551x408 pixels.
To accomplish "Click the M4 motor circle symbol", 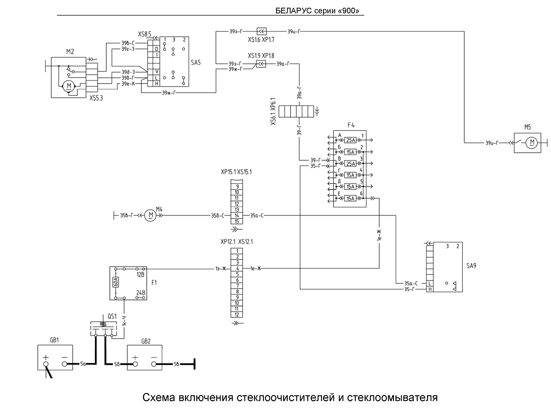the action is point(150,215).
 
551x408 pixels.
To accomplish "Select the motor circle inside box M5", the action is point(532,143).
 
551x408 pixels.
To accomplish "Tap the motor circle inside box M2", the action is point(68,86).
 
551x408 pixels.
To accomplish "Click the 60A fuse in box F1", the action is point(116,282).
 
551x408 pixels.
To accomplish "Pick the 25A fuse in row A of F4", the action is point(350,140).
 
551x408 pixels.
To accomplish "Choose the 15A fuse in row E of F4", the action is point(350,199).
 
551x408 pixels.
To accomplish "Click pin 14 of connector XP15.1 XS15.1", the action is point(237,216).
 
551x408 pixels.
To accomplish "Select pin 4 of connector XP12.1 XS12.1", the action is point(237,268).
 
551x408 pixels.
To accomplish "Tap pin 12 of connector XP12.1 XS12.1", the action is point(237,315).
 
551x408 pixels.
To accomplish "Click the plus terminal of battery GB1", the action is point(46,364).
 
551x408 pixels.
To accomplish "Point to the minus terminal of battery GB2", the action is point(154,364).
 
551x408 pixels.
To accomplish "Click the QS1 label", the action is point(112,316).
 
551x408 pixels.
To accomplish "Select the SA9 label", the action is point(471,266).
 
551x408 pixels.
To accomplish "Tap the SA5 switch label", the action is point(196,63).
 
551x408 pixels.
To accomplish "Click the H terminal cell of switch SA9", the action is point(430,289).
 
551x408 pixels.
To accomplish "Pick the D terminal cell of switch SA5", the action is point(157,49).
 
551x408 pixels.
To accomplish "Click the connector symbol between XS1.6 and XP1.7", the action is point(262,31).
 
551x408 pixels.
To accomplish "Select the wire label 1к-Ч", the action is point(124,321).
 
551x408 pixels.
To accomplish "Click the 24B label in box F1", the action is point(141,292).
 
